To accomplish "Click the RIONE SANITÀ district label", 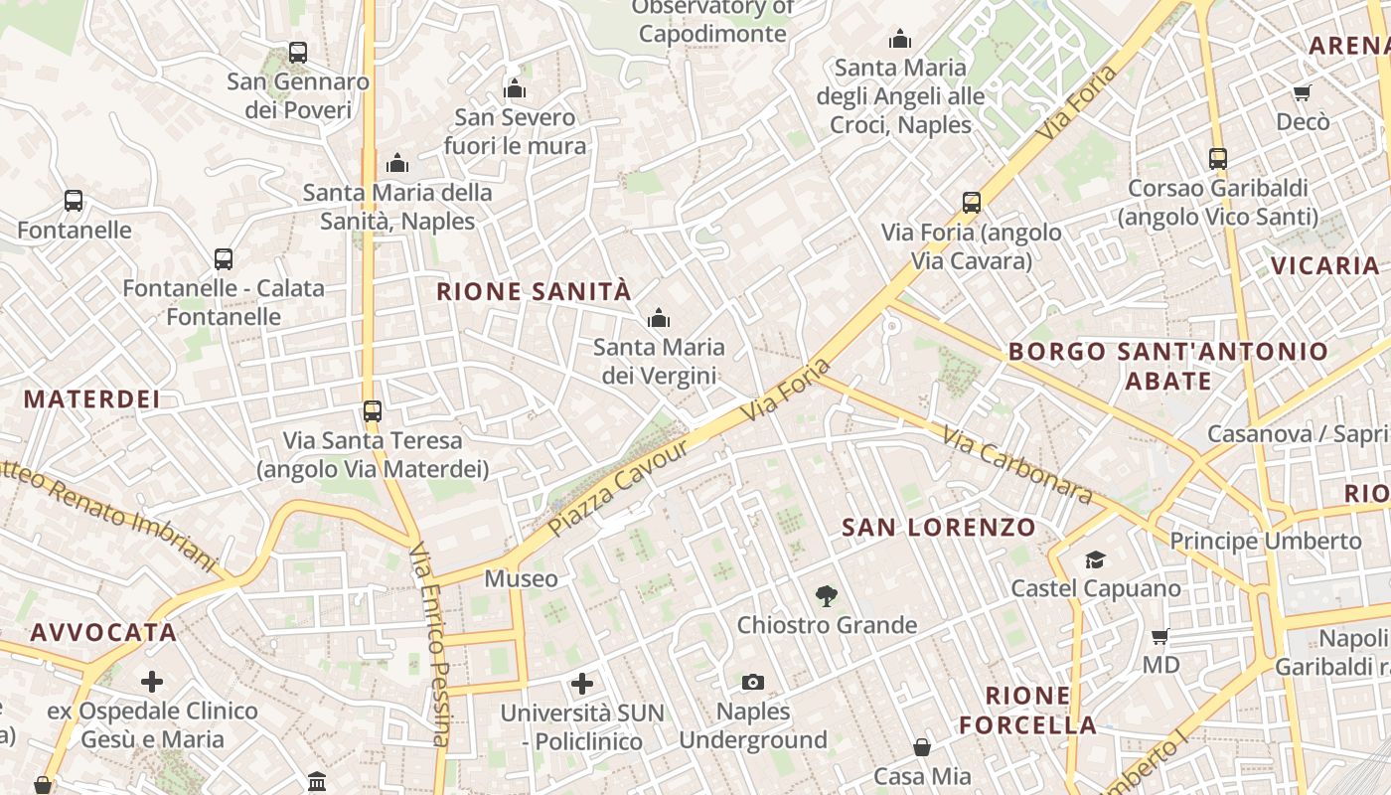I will (x=534, y=291).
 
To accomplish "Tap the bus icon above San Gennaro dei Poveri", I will (x=297, y=53).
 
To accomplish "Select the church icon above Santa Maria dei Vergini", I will (x=658, y=318).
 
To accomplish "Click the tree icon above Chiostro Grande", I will (x=826, y=596).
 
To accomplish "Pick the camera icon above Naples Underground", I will (x=753, y=682).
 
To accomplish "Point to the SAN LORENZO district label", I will (x=939, y=527).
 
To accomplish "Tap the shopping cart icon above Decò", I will (x=1302, y=92).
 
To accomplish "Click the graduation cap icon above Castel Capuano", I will (x=1095, y=559).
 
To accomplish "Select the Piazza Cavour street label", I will (x=618, y=488).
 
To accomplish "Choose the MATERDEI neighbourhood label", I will (x=91, y=399).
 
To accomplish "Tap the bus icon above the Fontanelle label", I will (x=74, y=201).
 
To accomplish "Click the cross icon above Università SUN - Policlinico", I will (x=582, y=684).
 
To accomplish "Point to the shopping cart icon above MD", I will (x=1159, y=636).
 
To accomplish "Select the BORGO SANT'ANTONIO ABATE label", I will (x=1168, y=366).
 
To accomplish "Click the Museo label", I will (x=521, y=578).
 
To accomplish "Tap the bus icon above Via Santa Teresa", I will (x=373, y=410).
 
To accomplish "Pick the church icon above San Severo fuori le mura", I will (x=514, y=89).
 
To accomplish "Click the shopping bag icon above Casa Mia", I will (x=922, y=747).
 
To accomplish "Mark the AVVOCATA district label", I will (x=103, y=632).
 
